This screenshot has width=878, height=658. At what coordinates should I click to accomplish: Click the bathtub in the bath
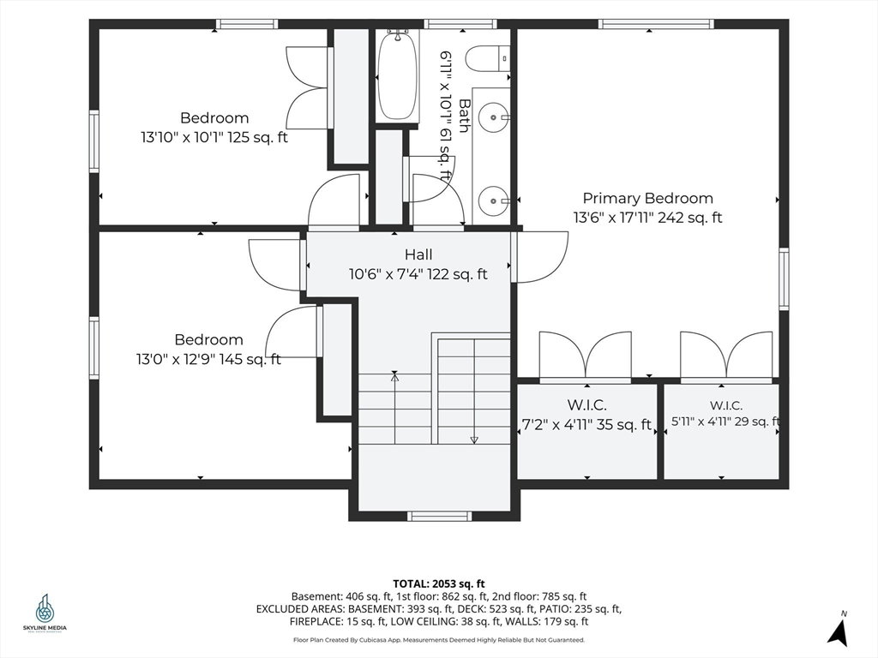(398, 75)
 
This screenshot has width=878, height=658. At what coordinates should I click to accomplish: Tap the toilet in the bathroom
(487, 59)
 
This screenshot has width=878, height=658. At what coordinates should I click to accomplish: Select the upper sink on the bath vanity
(494, 117)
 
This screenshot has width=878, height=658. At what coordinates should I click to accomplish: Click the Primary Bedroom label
(648, 198)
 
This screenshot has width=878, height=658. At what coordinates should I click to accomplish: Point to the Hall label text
(418, 254)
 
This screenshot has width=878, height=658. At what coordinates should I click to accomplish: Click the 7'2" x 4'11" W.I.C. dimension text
(586, 425)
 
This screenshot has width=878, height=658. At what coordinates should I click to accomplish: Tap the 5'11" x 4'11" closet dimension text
(725, 422)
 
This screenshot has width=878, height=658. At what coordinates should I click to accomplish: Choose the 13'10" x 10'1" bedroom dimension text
(213, 137)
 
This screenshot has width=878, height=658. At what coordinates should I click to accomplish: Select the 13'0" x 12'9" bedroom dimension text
(208, 359)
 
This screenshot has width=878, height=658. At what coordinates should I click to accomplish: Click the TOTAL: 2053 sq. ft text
(438, 584)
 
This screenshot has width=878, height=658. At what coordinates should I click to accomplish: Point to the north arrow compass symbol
(839, 630)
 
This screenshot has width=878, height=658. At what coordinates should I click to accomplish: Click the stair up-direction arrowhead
(394, 377)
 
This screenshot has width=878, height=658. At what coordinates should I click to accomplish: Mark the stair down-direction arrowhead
(473, 440)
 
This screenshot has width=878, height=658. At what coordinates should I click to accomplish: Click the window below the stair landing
(439, 516)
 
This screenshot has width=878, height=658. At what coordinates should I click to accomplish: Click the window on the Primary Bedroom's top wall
(656, 24)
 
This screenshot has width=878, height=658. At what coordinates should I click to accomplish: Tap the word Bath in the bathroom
(464, 116)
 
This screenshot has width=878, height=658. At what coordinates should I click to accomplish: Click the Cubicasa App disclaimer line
(438, 639)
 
